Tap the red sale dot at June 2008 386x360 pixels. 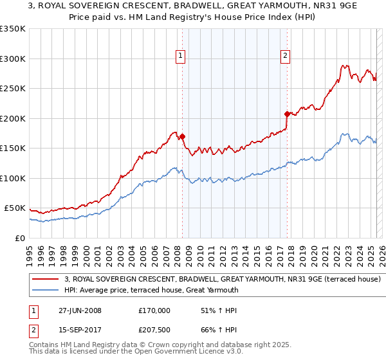point(183,136)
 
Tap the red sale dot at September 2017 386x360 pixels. point(287,114)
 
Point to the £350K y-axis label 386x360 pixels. point(13,29)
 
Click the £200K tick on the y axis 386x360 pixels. point(13,118)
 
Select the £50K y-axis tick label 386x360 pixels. point(15,208)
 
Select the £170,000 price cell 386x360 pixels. point(154,310)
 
